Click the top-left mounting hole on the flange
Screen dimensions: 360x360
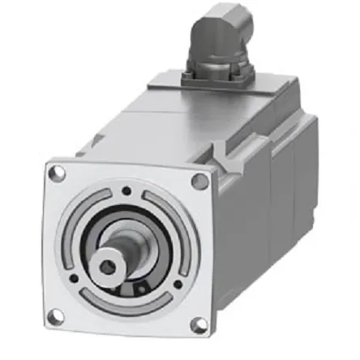click(57, 172)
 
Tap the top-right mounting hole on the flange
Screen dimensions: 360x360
click(199, 181)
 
